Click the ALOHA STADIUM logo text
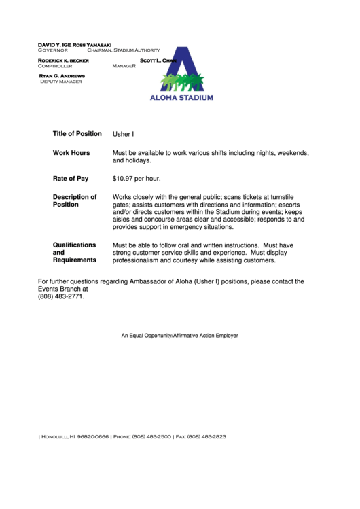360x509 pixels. [x=181, y=97]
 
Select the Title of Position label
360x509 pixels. [x=77, y=134]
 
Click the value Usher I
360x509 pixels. [x=123, y=135]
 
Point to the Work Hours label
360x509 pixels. [x=71, y=153]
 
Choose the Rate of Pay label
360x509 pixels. [x=71, y=179]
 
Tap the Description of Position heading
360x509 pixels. [x=75, y=200]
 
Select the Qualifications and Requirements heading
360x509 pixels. [x=75, y=252]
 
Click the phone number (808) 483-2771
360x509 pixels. [x=61, y=296]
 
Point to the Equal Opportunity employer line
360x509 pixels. [x=179, y=336]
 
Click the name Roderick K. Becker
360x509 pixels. [x=64, y=60]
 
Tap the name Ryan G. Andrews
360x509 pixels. [x=62, y=75]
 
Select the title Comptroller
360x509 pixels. [x=55, y=66]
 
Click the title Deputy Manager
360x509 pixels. [x=60, y=81]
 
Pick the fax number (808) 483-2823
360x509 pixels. [x=206, y=436]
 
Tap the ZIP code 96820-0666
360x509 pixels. [x=93, y=436]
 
